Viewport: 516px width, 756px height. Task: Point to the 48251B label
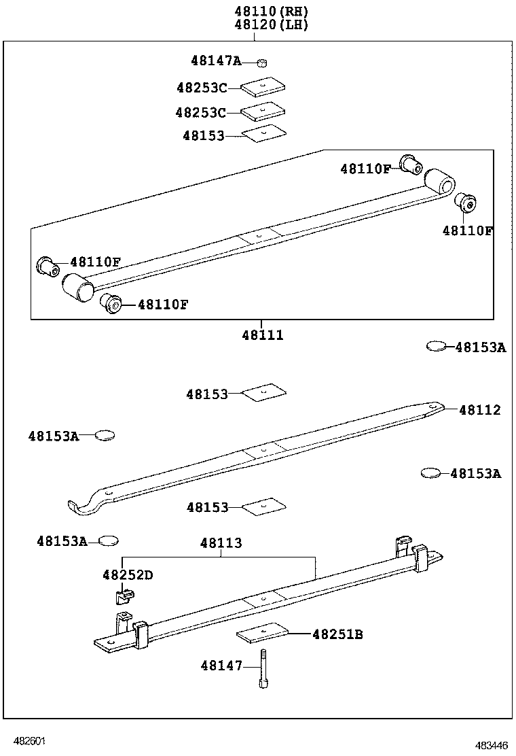click(x=337, y=634)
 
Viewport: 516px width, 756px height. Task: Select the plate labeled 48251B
click(x=263, y=633)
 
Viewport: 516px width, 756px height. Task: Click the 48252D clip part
click(x=122, y=596)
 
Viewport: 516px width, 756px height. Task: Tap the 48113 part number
click(x=221, y=543)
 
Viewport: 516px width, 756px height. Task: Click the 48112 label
click(x=480, y=410)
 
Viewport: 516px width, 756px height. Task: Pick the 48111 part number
click(x=262, y=335)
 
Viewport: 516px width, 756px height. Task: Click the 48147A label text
click(x=216, y=61)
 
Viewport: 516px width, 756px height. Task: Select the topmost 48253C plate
click(x=263, y=87)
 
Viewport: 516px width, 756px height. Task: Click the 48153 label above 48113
click(x=207, y=507)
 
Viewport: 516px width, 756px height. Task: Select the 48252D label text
click(x=128, y=575)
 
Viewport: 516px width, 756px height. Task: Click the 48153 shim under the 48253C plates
click(x=263, y=134)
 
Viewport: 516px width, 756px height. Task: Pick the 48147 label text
click(x=221, y=666)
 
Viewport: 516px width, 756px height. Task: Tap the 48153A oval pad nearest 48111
click(x=435, y=347)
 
